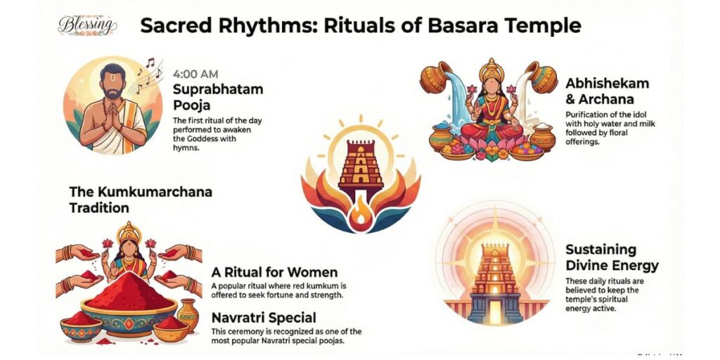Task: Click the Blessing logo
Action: [86, 25]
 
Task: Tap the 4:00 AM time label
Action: [195, 73]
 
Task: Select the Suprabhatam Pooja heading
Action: [218, 98]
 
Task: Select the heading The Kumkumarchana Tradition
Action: [141, 199]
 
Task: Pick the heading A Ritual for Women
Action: [274, 272]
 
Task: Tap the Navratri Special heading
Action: [263, 317]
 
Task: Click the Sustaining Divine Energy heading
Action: [612, 257]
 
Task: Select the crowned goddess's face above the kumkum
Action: [129, 248]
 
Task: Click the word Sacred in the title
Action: [177, 26]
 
